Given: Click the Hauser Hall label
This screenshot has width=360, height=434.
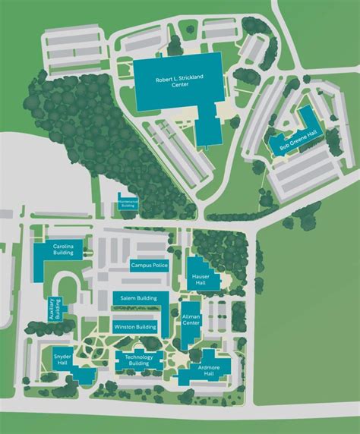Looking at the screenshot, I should pyautogui.click(x=201, y=280).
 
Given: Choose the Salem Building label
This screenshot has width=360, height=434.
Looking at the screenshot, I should pyautogui.click(x=141, y=298).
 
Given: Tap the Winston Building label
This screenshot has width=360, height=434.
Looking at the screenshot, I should pyautogui.click(x=135, y=327).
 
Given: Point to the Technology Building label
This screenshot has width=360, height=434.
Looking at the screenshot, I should pyautogui.click(x=139, y=360).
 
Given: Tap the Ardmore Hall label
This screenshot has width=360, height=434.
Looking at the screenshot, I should pyautogui.click(x=210, y=371).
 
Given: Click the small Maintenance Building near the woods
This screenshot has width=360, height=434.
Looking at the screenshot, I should pyautogui.click(x=128, y=203).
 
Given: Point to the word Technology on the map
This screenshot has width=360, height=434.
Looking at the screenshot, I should pyautogui.click(x=139, y=357).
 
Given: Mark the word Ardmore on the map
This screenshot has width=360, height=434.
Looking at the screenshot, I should pyautogui.click(x=210, y=368).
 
